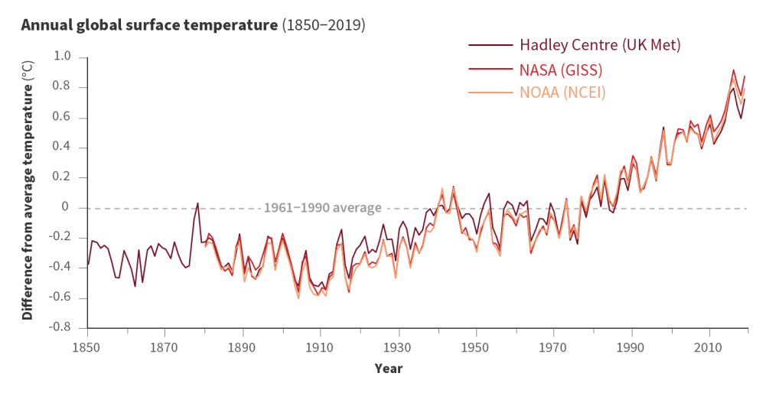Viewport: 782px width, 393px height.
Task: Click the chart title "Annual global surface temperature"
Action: coord(149,25)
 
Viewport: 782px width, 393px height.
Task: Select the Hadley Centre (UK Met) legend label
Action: coord(600,44)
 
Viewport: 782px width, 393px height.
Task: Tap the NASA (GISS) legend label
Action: coord(561,70)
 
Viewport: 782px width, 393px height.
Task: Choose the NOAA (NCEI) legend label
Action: coord(562,93)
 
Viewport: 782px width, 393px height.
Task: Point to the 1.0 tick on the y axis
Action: coord(62,57)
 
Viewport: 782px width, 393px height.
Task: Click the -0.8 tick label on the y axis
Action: coord(60,327)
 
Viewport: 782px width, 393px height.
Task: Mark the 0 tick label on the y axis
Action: coord(66,207)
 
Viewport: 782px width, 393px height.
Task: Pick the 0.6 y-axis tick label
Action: coord(62,117)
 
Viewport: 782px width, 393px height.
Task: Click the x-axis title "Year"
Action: coord(388,368)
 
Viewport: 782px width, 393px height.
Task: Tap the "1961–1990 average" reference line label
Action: coord(321,208)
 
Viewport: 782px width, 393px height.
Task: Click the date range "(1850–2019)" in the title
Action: coord(324,25)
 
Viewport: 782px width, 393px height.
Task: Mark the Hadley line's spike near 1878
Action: coord(198,203)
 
